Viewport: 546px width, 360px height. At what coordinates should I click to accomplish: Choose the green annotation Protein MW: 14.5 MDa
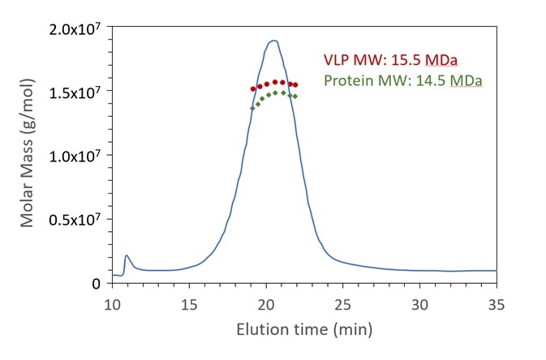pyautogui.click(x=403, y=81)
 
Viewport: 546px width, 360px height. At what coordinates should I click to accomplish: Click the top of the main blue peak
pyautogui.click(x=273, y=41)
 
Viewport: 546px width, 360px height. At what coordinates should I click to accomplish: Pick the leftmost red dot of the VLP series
pyautogui.click(x=253, y=88)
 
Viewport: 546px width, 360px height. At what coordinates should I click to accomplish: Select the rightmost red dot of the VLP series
pyautogui.click(x=295, y=84)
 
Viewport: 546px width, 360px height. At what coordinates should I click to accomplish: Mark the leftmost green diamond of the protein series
pyautogui.click(x=252, y=108)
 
